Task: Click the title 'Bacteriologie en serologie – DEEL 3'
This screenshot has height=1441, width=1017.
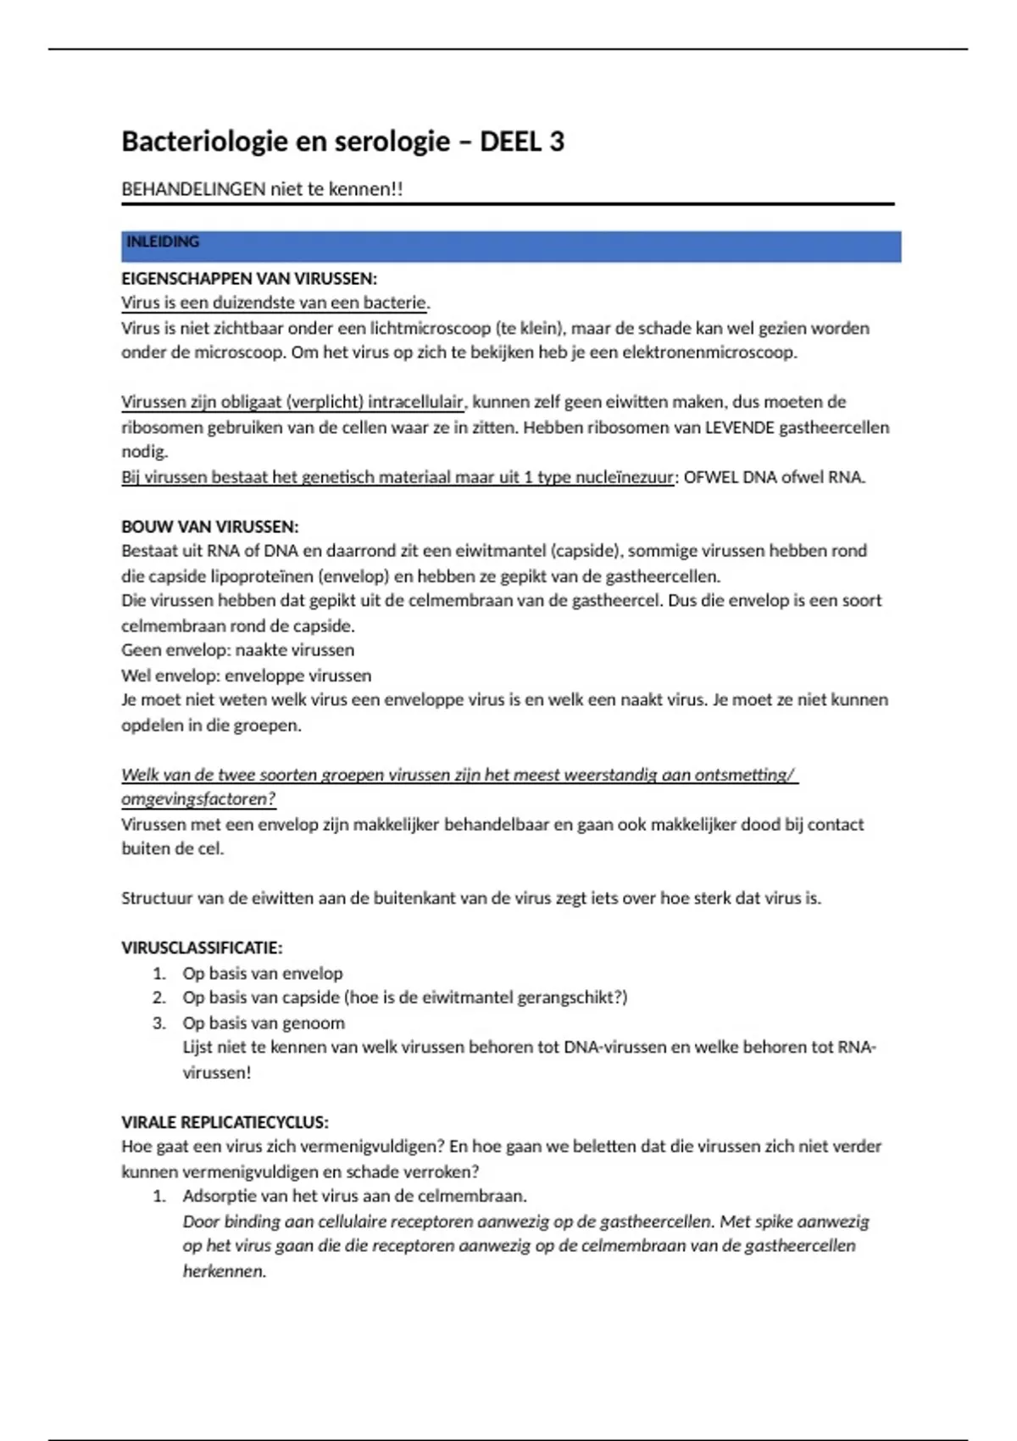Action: [x=342, y=141]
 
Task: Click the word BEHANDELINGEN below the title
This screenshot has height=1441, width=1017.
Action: [x=193, y=189]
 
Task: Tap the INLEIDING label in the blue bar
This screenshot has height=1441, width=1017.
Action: [x=163, y=242]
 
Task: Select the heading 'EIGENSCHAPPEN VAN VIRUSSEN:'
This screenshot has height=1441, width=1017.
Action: [x=249, y=279]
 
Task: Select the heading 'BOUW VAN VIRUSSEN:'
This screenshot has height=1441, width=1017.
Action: [x=210, y=526]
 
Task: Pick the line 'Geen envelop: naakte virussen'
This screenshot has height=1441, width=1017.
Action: [x=237, y=650]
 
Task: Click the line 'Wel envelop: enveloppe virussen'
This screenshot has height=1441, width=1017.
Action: [x=246, y=676]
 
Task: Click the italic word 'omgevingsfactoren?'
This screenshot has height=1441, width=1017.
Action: [x=198, y=799]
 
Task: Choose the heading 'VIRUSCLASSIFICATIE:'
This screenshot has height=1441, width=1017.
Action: [x=202, y=948]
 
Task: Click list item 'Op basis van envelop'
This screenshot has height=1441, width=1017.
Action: [x=263, y=973]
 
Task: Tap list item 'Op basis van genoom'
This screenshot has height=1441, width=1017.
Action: [x=264, y=1023]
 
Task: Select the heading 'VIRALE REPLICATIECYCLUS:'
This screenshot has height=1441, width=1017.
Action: [x=225, y=1122]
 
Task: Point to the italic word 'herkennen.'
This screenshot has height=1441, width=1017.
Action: [x=225, y=1271]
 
